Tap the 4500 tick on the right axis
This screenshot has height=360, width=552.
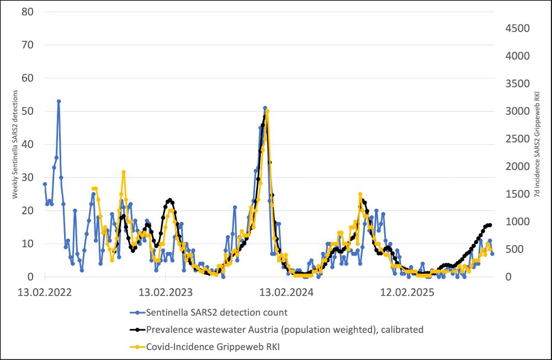[x=518, y=28]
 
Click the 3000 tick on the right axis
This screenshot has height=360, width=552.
[x=518, y=111]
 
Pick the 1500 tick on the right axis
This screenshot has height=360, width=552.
[x=518, y=194]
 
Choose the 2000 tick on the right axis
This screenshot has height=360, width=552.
[x=518, y=166]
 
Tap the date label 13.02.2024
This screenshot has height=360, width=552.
[x=288, y=291]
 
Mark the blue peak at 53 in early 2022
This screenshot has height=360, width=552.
[x=59, y=101]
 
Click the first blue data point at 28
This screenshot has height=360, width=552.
[x=45, y=184]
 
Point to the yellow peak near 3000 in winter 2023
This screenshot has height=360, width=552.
[x=267, y=111]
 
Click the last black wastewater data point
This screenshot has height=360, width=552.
[x=490, y=225]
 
